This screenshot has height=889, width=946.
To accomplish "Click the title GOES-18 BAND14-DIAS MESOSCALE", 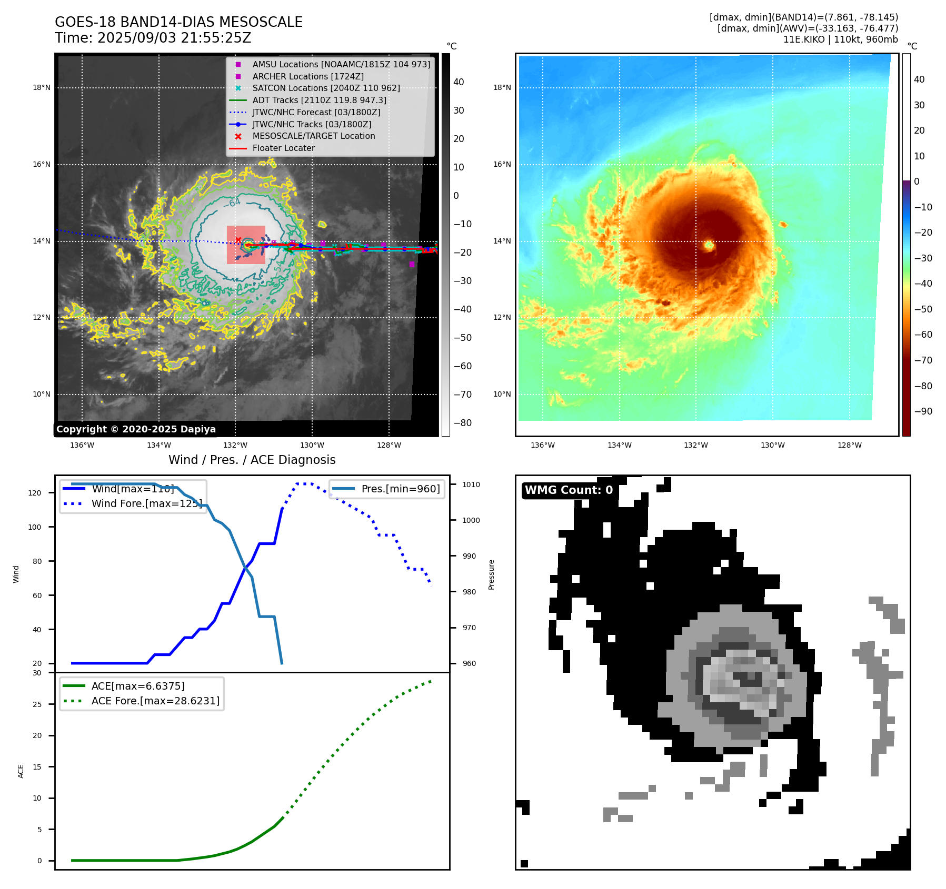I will pyautogui.click(x=178, y=22).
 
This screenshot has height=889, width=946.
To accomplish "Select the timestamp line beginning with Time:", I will pyautogui.click(x=153, y=38).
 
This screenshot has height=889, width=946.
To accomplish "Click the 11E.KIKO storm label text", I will pyautogui.click(x=840, y=39).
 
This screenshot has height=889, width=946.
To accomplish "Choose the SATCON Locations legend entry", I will pyautogui.click(x=326, y=88).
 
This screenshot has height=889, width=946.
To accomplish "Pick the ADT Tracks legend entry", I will pyautogui.click(x=319, y=100).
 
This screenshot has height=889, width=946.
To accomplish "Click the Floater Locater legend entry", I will pyautogui.click(x=283, y=148).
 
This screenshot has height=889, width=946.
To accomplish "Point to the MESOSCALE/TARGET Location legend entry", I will pyautogui.click(x=313, y=136).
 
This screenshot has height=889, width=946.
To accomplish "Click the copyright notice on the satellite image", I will pyautogui.click(x=136, y=429).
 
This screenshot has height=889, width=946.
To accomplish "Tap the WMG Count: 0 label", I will pyautogui.click(x=569, y=490).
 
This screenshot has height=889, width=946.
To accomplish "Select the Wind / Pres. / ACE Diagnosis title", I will pyautogui.click(x=252, y=460).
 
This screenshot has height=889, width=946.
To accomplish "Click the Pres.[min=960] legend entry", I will pyautogui.click(x=400, y=489).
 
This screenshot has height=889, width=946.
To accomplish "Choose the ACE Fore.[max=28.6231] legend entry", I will pyautogui.click(x=155, y=701).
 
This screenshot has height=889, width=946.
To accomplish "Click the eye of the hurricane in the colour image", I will pyautogui.click(x=709, y=245).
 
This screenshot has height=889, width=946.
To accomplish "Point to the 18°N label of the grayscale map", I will pyautogui.click(x=42, y=87).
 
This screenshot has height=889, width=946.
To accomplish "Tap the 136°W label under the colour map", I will pyautogui.click(x=543, y=445).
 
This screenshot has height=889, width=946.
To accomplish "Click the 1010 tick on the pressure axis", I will pyautogui.click(x=471, y=484).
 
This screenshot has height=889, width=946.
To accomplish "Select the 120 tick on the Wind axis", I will pyautogui.click(x=35, y=493).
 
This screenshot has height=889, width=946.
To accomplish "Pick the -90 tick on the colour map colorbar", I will pyautogui.click(x=923, y=411).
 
